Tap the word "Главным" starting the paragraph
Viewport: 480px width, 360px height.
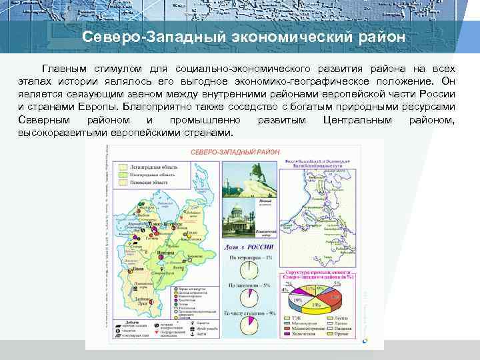(64, 69)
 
